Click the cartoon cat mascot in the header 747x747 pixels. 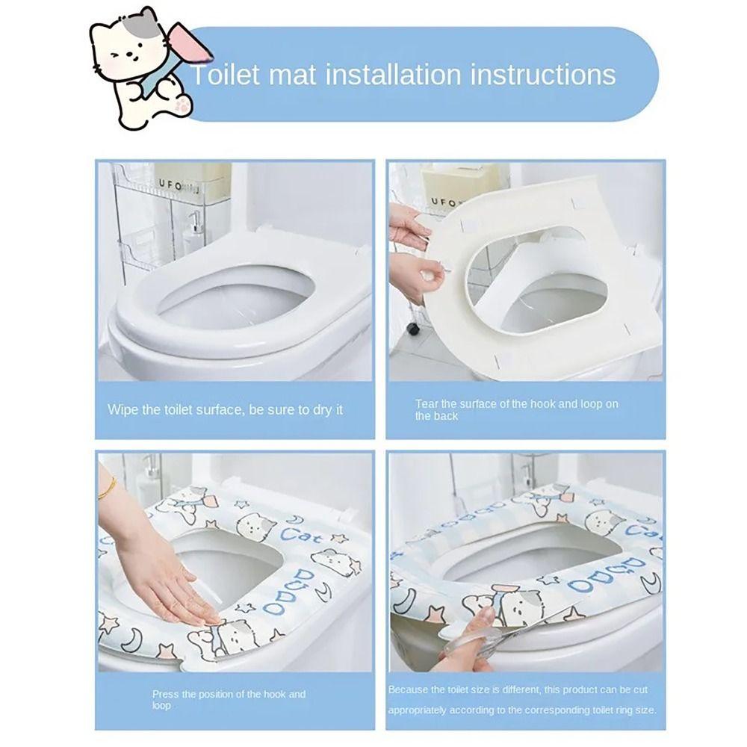coord(143,72)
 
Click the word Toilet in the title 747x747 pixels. coord(225,75)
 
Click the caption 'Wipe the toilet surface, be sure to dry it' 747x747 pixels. coord(225,409)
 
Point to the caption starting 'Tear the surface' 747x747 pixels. coord(516,409)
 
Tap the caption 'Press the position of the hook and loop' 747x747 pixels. coord(229,699)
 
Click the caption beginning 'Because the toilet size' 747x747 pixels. coord(522,699)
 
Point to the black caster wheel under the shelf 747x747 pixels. coord(412,329)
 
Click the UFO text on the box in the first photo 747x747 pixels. coord(170,185)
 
